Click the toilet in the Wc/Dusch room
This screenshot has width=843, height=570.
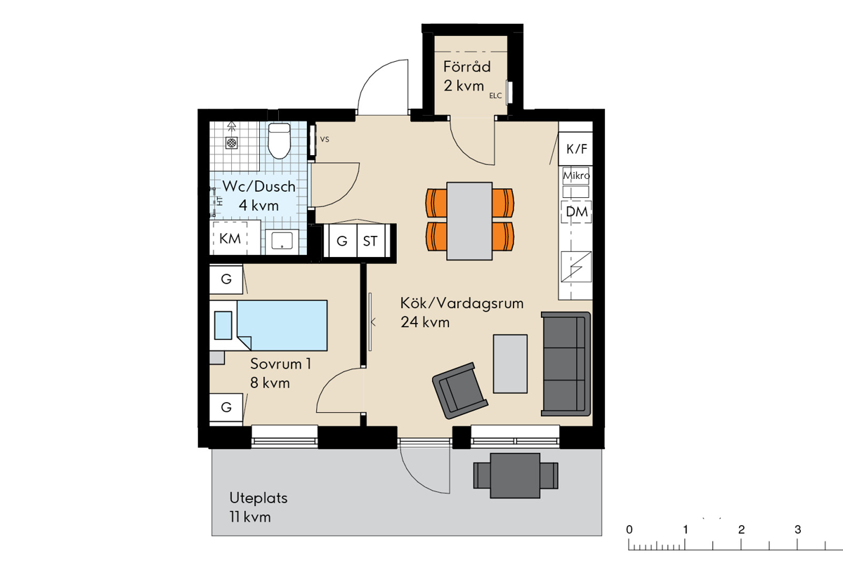[279, 141]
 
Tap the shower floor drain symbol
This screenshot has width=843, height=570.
[231, 143]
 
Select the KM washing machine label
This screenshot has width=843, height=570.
[230, 239]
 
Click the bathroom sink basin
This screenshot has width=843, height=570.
[282, 241]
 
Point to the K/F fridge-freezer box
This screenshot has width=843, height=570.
[575, 149]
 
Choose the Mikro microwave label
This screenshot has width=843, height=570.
[576, 175]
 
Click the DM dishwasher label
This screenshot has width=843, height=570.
[577, 212]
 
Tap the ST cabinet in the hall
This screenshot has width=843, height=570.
[371, 241]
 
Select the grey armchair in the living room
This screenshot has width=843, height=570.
[460, 391]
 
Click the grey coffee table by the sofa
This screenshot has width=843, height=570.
[510, 364]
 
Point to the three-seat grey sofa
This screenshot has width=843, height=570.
[566, 364]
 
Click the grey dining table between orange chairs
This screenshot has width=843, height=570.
[469, 221]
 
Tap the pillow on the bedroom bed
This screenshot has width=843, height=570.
[223, 325]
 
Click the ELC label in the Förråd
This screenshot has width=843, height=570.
[495, 96]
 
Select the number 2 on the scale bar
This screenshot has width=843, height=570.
[741, 530]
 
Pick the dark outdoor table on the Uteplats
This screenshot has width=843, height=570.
[515, 475]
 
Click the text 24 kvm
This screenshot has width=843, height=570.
[425, 322]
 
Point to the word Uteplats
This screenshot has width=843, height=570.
[259, 498]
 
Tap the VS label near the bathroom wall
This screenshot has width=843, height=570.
[325, 140]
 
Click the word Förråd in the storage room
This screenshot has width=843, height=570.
[466, 67]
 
